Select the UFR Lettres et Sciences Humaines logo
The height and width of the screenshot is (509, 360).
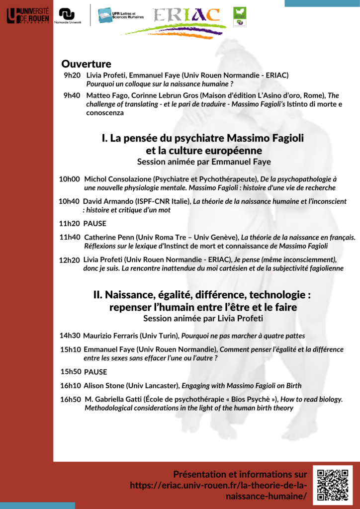(121, 15)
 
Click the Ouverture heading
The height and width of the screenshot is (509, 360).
(86, 64)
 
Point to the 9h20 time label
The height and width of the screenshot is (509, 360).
(72, 75)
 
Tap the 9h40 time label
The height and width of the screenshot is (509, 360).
(72, 95)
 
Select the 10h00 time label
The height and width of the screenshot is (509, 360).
(70, 178)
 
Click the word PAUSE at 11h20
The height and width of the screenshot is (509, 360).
(95, 223)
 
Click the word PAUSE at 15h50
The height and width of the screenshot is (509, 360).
(95, 372)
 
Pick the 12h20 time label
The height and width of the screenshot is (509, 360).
(70, 260)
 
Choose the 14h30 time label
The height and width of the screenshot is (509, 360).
(70, 335)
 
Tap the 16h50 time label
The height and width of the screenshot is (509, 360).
(71, 399)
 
